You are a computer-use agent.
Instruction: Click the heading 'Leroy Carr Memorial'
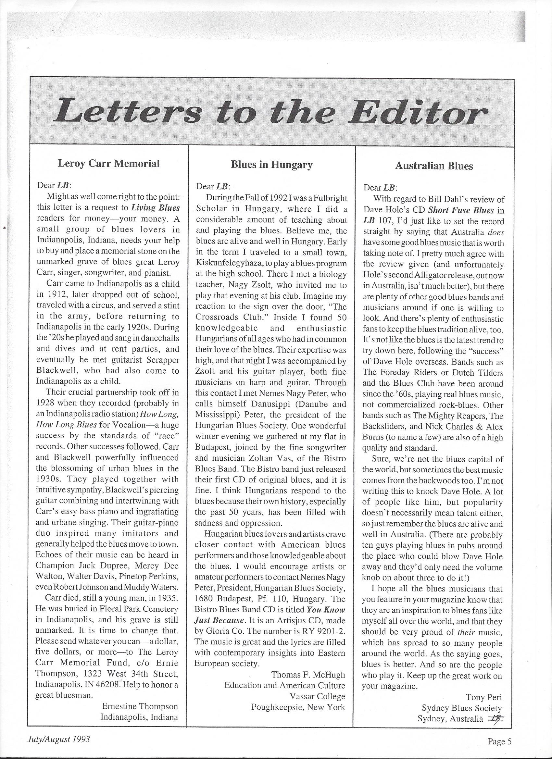108,163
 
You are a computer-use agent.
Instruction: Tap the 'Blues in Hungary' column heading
271,165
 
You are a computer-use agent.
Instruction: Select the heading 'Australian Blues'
434,166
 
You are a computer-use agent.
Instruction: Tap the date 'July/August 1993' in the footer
59,736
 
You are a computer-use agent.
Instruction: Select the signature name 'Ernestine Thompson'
140,706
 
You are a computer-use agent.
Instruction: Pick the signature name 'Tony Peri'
484,697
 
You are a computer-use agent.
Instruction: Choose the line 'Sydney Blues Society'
462,708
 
